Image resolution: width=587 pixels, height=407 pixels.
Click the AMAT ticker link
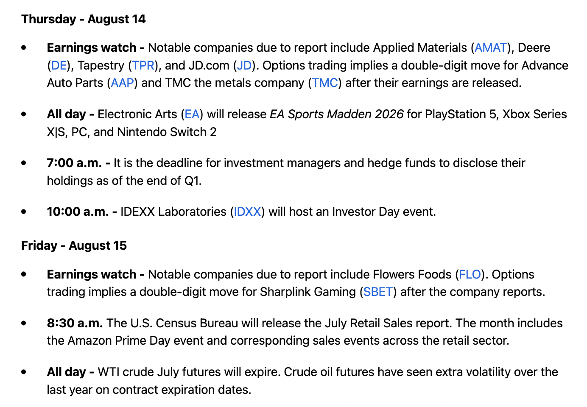[x=491, y=47]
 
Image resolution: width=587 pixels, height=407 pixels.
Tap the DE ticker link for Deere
[x=59, y=65]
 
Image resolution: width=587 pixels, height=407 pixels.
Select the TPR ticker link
[x=143, y=65]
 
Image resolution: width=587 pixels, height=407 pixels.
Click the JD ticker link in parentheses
[x=244, y=65]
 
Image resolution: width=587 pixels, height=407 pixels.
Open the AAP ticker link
[x=123, y=83]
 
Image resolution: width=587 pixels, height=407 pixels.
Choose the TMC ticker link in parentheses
[x=325, y=83]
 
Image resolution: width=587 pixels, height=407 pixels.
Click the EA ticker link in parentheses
[x=192, y=114]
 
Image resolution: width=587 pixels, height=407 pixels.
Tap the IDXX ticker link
[x=247, y=212]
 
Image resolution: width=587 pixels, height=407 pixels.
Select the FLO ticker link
[x=470, y=274]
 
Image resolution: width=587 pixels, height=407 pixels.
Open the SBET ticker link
[x=378, y=292]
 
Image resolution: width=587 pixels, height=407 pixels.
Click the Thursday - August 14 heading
[x=83, y=19]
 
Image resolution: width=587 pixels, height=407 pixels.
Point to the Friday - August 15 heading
[x=74, y=245]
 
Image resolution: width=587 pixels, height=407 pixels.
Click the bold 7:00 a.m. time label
[x=74, y=163]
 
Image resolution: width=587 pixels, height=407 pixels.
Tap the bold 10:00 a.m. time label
[x=78, y=212]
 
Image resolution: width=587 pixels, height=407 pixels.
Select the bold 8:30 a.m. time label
[x=75, y=323]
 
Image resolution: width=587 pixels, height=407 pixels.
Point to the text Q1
[x=192, y=181]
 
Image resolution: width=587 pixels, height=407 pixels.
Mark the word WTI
[x=108, y=372]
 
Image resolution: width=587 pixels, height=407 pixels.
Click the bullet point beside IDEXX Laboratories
[x=24, y=212]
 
